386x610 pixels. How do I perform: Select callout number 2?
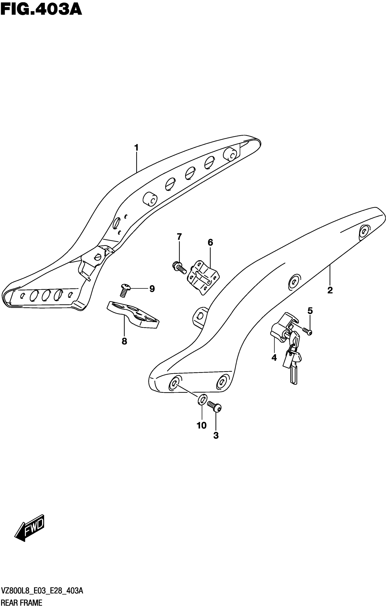tap(330, 290)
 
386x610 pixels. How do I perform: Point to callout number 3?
tap(216, 435)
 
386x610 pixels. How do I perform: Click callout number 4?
tap(274, 358)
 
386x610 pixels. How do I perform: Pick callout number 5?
tap(310, 311)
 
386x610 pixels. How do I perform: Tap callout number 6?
tap(210, 242)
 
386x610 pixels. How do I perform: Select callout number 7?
tap(179, 237)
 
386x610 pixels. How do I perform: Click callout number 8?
tap(124, 341)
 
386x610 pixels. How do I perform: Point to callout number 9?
tap(152, 289)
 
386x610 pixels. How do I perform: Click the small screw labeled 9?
tap(125, 290)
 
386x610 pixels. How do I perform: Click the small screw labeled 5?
tap(307, 331)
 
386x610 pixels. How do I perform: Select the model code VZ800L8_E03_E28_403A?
tap(42, 591)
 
